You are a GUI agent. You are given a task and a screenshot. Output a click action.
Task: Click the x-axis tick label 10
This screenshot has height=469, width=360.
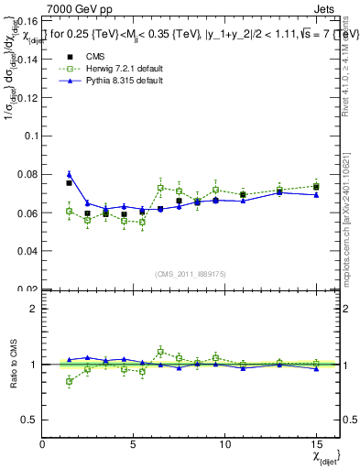point(224,445)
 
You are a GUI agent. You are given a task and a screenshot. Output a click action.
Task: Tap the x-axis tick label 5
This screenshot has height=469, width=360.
point(134,445)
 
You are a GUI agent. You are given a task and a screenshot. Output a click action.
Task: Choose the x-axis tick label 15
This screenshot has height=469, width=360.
point(315,445)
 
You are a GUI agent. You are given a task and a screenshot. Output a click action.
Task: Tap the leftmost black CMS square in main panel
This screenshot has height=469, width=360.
point(69,183)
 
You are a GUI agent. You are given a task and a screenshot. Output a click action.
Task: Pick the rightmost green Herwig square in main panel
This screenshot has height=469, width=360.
point(316,186)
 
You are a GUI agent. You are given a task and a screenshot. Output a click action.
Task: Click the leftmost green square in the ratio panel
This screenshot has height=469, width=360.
point(69,381)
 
